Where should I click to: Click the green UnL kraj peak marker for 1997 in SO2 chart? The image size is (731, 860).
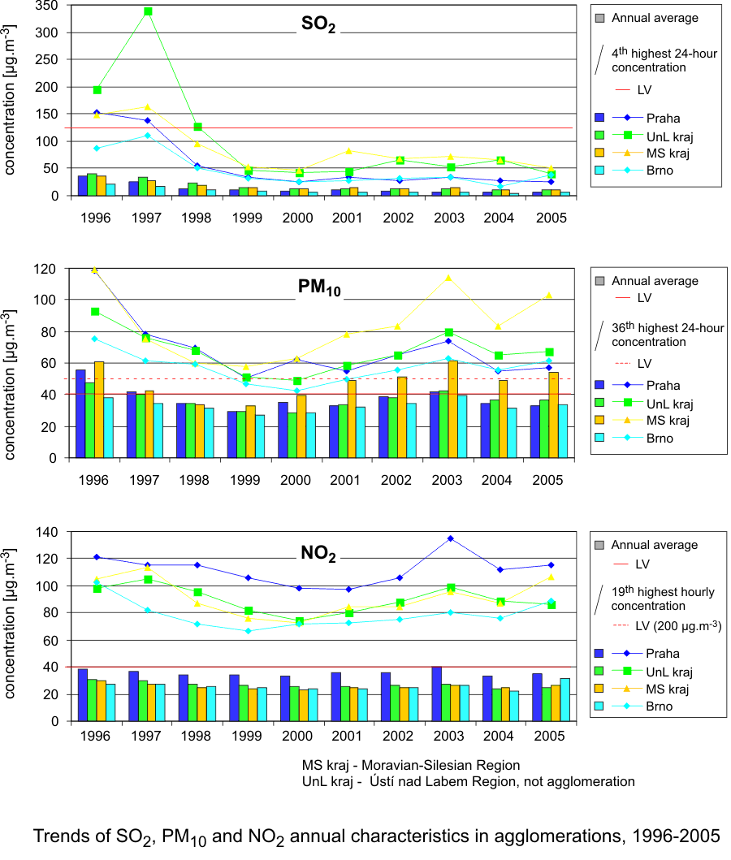[x=148, y=11]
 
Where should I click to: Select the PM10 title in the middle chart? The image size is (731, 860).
[x=318, y=288]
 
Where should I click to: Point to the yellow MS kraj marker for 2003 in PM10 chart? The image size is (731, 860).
[x=447, y=278]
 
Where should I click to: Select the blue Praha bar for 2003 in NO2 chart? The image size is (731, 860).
[x=437, y=694]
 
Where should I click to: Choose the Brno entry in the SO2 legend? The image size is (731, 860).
[x=660, y=171]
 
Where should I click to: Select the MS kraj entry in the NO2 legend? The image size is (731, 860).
[x=666, y=689]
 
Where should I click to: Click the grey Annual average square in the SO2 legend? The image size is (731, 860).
[x=600, y=18]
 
